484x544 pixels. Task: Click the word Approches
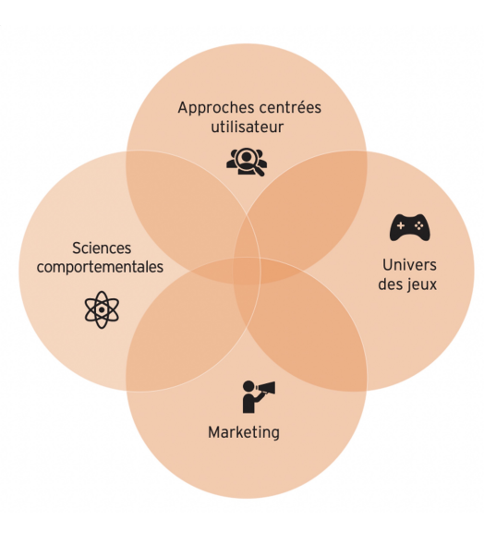[212, 108]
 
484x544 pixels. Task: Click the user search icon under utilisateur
[247, 160]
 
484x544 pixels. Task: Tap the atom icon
[102, 309]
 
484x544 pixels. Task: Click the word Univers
[407, 266]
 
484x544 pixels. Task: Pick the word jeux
[422, 284]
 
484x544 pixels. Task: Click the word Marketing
[243, 431]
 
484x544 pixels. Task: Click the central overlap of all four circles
[247, 272]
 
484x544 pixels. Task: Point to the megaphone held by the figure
[268, 387]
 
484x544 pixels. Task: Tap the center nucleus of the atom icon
[102, 309]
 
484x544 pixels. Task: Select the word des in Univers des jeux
[391, 284]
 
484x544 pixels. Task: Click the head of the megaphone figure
[248, 386]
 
